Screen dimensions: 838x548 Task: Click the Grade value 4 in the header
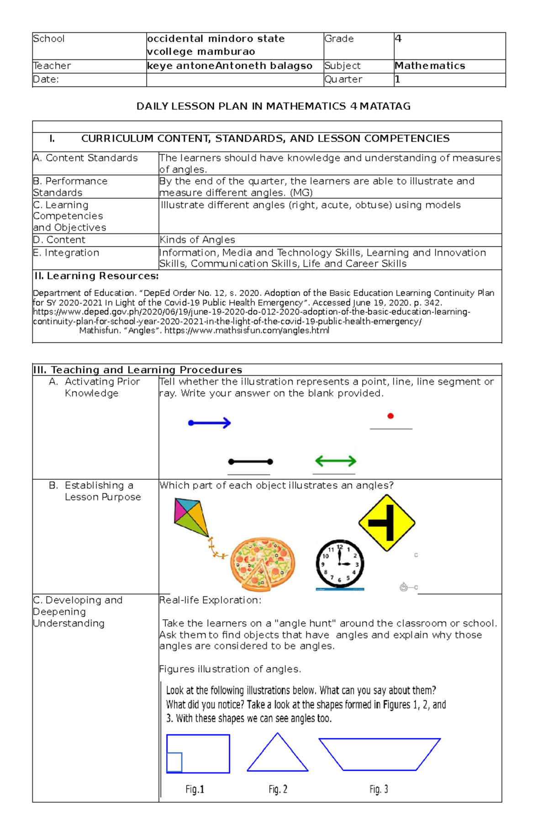point(398,39)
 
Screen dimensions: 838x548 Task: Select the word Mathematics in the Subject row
point(430,66)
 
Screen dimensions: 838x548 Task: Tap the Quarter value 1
point(397,79)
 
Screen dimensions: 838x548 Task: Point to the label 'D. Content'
point(59,240)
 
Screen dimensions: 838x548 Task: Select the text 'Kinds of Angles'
point(197,240)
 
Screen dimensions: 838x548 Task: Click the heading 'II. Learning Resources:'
point(97,276)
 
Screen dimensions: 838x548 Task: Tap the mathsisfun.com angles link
point(247,331)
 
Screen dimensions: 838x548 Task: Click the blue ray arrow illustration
point(210,423)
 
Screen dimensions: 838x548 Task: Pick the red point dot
point(390,416)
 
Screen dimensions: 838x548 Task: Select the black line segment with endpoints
point(250,462)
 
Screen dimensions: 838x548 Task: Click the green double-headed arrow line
point(336,461)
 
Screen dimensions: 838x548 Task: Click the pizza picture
point(263,564)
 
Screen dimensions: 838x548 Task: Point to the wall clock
point(340,564)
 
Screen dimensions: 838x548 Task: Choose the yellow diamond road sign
point(387,523)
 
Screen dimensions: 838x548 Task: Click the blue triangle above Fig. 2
point(278,754)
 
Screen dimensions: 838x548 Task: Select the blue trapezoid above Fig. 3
point(379,754)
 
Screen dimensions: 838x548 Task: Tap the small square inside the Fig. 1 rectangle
point(174,762)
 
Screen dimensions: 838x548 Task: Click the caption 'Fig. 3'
point(379,789)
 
